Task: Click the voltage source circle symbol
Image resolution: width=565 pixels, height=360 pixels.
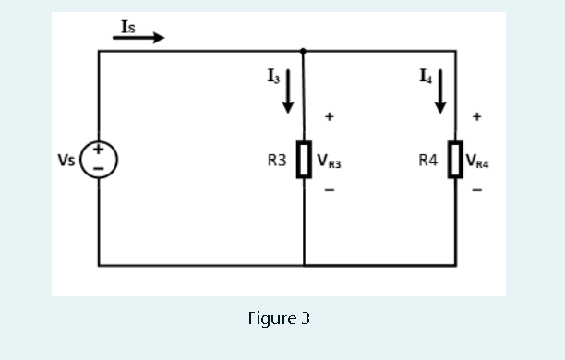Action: [x=99, y=159]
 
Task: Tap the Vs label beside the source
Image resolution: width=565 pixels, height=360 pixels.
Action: [x=66, y=160]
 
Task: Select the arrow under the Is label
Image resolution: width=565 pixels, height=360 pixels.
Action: [x=139, y=38]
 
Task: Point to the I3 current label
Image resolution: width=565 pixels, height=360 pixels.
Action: [x=272, y=78]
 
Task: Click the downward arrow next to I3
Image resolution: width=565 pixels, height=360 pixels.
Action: [x=288, y=90]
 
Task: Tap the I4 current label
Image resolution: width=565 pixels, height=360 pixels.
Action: [x=425, y=78]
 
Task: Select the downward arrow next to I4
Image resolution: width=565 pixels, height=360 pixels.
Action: [x=440, y=90]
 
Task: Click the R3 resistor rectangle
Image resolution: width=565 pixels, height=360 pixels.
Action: [x=303, y=159]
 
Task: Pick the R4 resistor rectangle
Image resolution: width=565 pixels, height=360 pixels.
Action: [x=455, y=159]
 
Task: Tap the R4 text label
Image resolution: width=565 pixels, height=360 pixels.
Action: [x=428, y=160]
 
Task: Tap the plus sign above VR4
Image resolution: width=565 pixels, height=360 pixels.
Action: [x=476, y=117]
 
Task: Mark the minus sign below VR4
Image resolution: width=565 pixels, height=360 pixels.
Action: [x=476, y=191]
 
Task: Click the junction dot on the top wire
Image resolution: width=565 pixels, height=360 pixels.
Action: [x=303, y=51]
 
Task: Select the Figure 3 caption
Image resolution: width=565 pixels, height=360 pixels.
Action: [x=279, y=318]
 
